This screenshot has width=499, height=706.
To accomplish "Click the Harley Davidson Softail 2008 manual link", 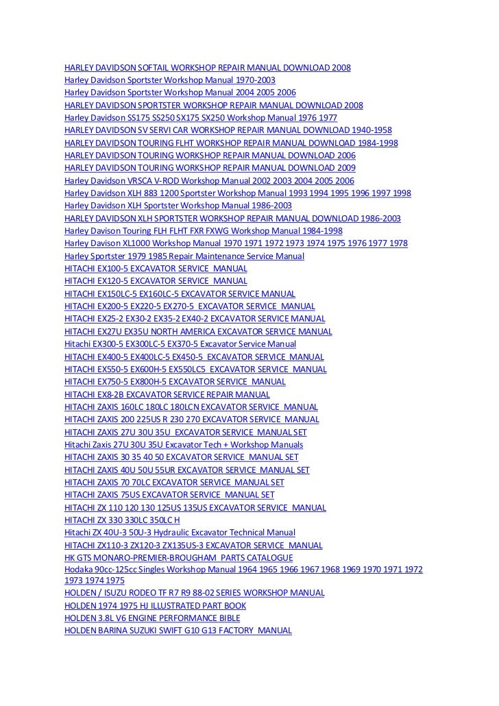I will pos(207,68).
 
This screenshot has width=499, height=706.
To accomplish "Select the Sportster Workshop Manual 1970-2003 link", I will pos(169,80).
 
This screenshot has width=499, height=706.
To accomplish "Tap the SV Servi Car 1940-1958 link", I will pos(228,130).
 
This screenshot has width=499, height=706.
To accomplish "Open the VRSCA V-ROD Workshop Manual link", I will pos(209,180).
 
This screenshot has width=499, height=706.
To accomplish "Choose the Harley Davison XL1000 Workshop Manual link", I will pos(236,243).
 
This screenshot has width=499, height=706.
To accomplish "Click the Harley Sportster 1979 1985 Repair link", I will pos(184,256).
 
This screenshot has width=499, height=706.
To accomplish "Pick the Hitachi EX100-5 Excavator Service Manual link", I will pos(156,269).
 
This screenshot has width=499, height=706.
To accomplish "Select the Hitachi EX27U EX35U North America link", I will pos(197,332).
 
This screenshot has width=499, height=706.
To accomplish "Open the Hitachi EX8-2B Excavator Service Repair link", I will pos(167,395).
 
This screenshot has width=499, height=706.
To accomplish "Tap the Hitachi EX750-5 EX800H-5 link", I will pos(175,382).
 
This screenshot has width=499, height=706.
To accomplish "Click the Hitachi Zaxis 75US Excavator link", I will pos(169,495).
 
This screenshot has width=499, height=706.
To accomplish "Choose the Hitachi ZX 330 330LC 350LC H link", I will pos(121,520).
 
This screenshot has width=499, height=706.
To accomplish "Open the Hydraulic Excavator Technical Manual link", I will pos(180,533).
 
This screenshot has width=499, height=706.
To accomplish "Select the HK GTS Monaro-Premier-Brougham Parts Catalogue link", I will pos(178,558).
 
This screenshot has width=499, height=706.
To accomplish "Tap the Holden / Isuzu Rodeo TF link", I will pos(194,592).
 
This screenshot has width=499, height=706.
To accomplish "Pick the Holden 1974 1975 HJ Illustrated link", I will pos(155,605).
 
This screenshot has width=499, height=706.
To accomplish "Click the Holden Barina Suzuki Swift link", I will pos(178,631).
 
